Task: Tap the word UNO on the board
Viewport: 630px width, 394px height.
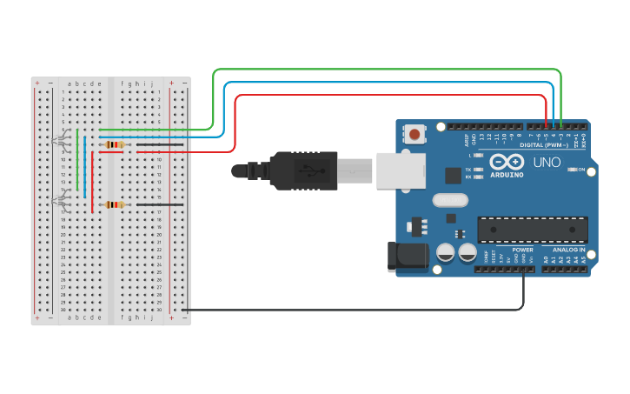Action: [x=547, y=162]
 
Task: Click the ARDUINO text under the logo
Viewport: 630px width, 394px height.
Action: [x=507, y=175]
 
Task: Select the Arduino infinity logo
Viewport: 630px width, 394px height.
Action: [x=506, y=162]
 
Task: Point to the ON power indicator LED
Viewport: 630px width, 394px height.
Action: [x=573, y=170]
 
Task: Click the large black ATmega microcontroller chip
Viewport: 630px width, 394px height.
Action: [x=532, y=230]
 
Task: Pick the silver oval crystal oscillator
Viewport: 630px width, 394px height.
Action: [x=449, y=200]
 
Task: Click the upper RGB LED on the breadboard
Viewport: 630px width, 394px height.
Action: [x=59, y=140]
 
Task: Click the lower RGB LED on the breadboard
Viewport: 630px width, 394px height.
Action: [x=59, y=201]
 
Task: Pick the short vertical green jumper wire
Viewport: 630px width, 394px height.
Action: [x=77, y=159]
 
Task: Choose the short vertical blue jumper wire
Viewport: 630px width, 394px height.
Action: [x=84, y=167]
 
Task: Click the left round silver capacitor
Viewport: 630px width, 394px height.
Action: [x=445, y=253]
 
